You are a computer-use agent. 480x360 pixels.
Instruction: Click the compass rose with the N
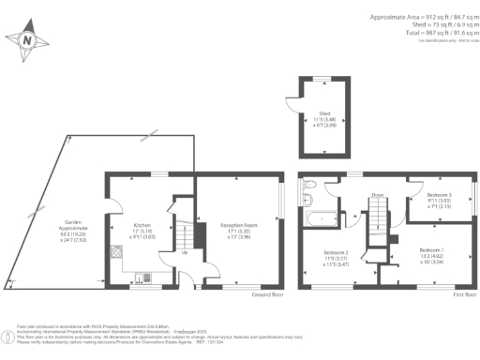click(28, 41)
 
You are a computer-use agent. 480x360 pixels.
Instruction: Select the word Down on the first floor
click(377, 195)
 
